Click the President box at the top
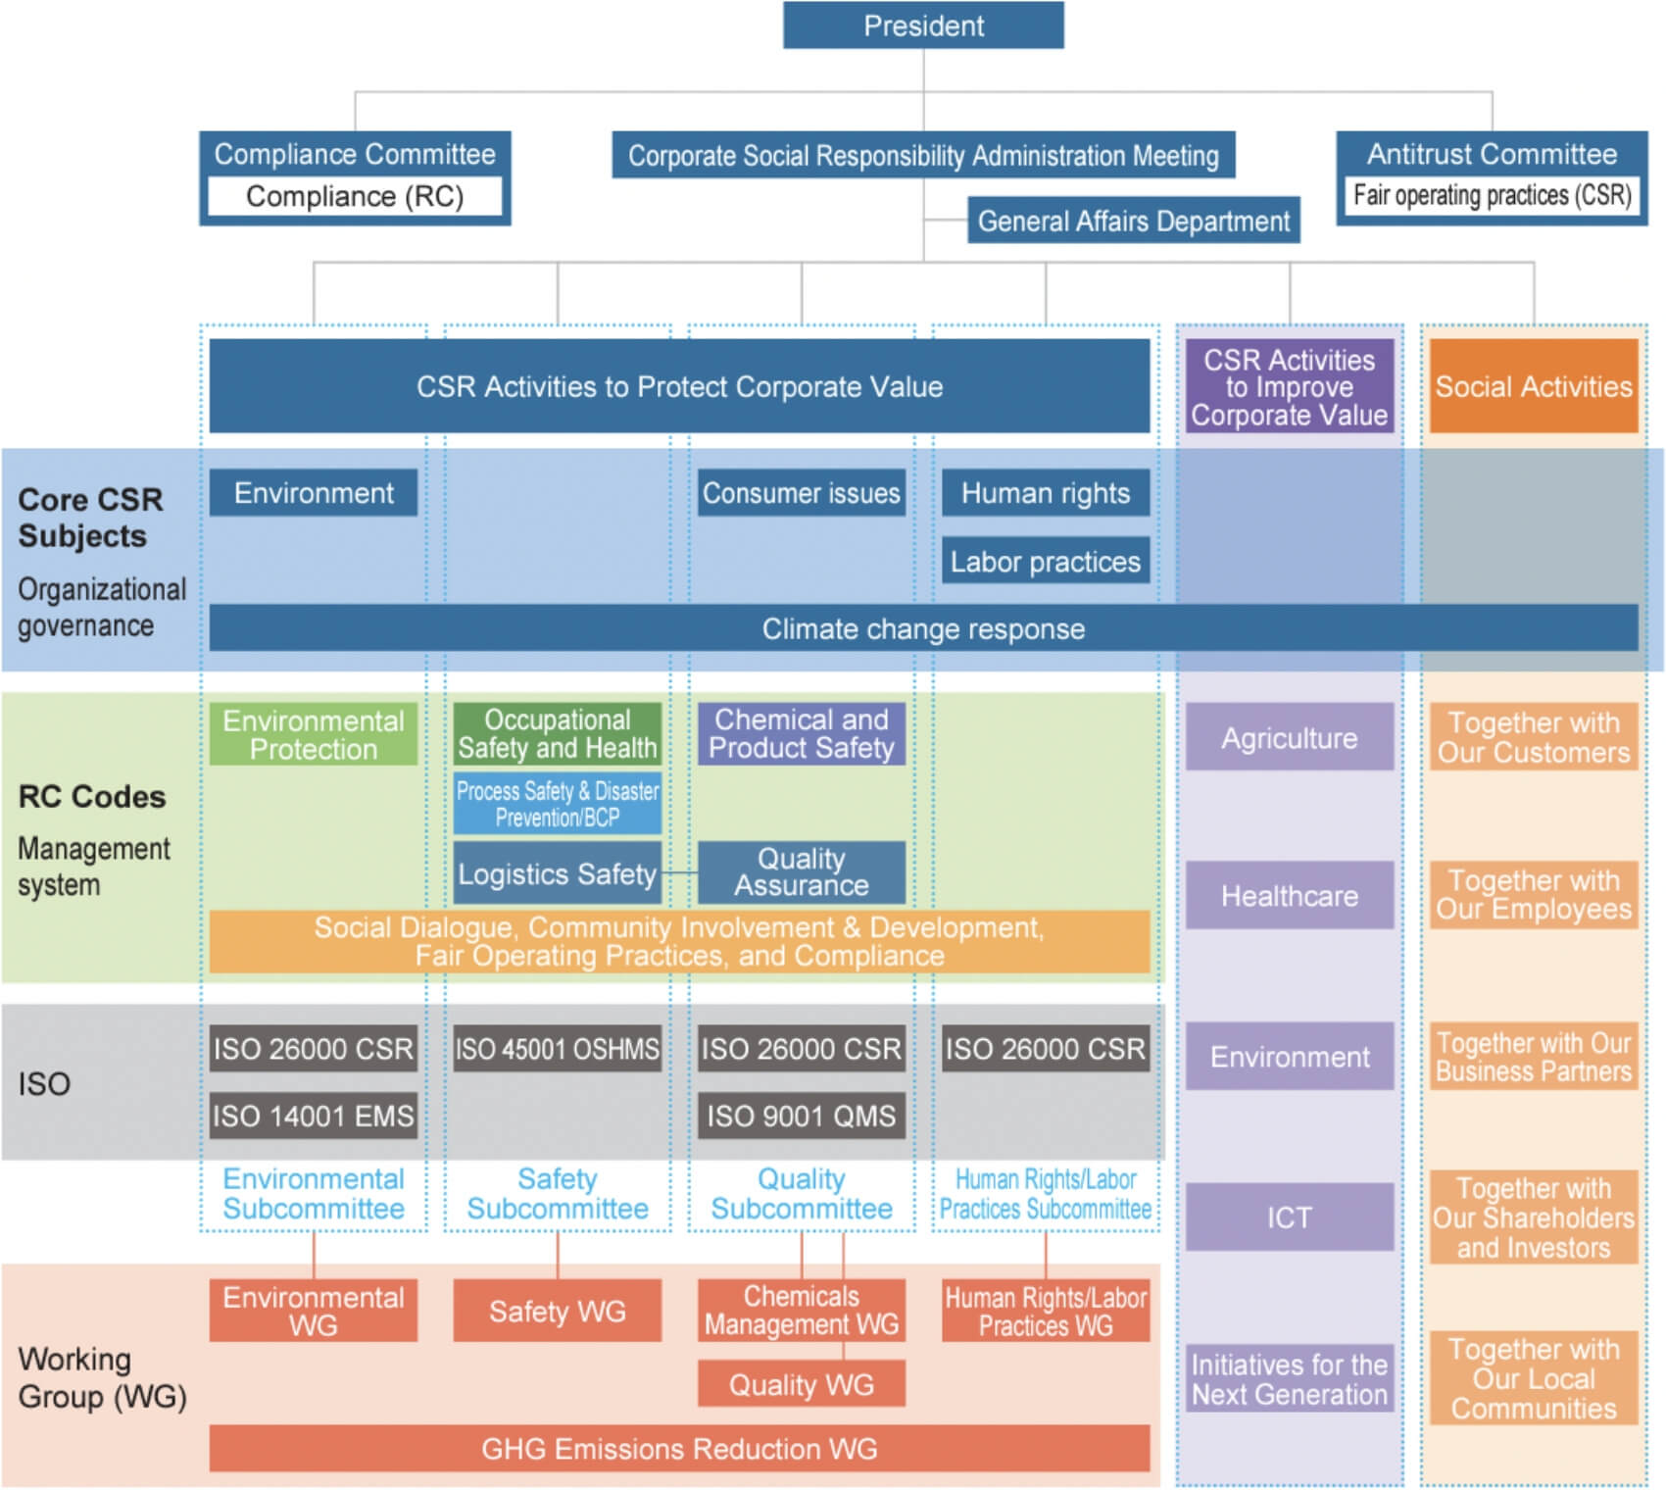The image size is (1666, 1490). [x=923, y=25]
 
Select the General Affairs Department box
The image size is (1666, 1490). [x=1133, y=222]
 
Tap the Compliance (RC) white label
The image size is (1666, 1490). [x=355, y=196]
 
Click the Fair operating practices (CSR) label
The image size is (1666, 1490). [x=1492, y=195]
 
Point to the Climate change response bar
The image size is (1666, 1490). [x=923, y=628]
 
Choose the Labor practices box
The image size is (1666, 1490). [x=1045, y=562]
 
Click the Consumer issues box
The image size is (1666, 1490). [x=801, y=493]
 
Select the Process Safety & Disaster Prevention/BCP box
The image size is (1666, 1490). [x=557, y=804]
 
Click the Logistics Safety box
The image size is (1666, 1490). [x=557, y=873]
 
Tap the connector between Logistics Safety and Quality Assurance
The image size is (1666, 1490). [x=680, y=872]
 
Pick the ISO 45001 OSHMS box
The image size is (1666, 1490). [x=557, y=1049]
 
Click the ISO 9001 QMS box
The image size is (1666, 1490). [x=801, y=1116]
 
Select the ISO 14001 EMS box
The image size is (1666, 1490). [x=314, y=1116]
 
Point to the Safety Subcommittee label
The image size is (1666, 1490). [x=557, y=1194]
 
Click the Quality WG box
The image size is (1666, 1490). [x=801, y=1384]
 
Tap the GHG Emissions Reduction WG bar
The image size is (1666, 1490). [x=679, y=1449]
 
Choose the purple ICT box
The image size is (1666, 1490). [x=1289, y=1217]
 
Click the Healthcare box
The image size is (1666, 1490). [x=1289, y=896]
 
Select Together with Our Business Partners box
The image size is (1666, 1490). [x=1533, y=1057]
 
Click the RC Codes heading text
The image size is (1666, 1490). [x=92, y=797]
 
